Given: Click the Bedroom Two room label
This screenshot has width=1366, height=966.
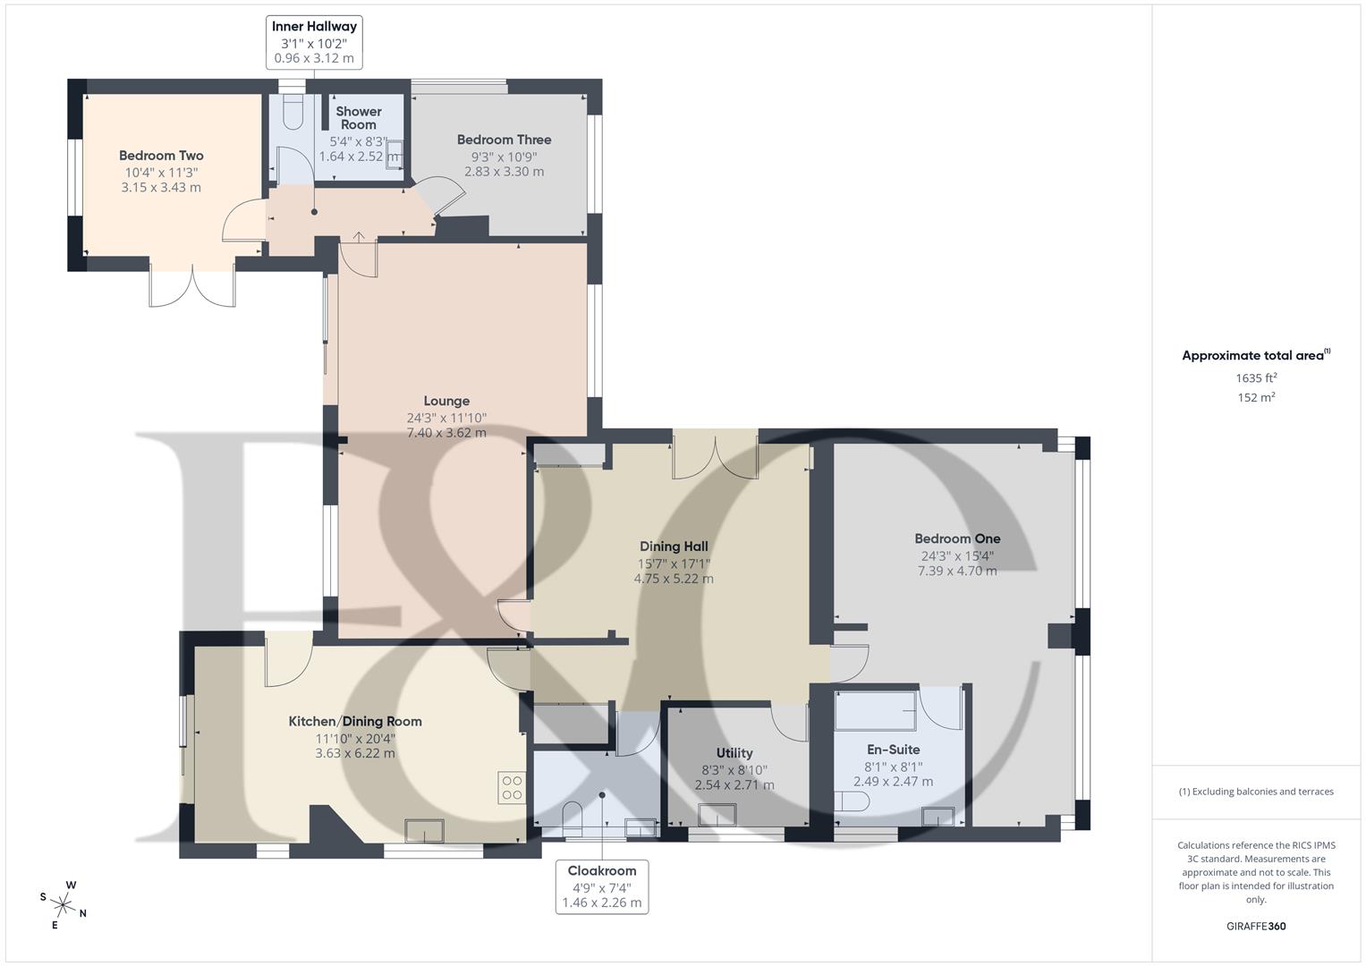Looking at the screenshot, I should pos(161,156).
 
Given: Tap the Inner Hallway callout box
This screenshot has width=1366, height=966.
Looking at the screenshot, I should pos(314,42).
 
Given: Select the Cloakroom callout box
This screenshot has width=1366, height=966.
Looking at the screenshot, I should pos(601,886).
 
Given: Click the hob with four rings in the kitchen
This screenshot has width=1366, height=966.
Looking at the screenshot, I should pos(512,787).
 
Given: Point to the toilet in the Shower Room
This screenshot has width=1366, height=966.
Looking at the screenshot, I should pos(293,113).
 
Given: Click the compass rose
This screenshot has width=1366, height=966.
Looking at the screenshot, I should pos(63,904).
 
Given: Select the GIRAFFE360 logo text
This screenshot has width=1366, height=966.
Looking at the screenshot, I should pos(1256,926).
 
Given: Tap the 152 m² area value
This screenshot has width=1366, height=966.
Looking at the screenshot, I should pos(1256,398).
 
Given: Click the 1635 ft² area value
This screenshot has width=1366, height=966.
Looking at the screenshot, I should pos(1256,377).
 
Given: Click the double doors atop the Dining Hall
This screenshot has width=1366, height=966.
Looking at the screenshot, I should pos(716,454).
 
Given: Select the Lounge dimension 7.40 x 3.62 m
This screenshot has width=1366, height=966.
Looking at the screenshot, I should pos(446,433).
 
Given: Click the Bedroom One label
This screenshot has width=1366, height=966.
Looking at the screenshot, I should pos(957,538).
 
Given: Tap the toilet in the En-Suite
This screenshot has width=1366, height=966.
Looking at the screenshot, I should pos(850,801).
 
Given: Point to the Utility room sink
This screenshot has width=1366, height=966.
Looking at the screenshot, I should pos(717,815).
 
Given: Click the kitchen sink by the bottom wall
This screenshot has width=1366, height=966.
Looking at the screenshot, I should pos(424,831).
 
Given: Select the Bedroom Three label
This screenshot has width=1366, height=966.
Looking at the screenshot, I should pos(504,140).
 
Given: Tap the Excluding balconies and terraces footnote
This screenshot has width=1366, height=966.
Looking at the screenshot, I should pos(1256,792).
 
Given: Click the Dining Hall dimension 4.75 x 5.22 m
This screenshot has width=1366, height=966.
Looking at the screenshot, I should pos(674,579).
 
